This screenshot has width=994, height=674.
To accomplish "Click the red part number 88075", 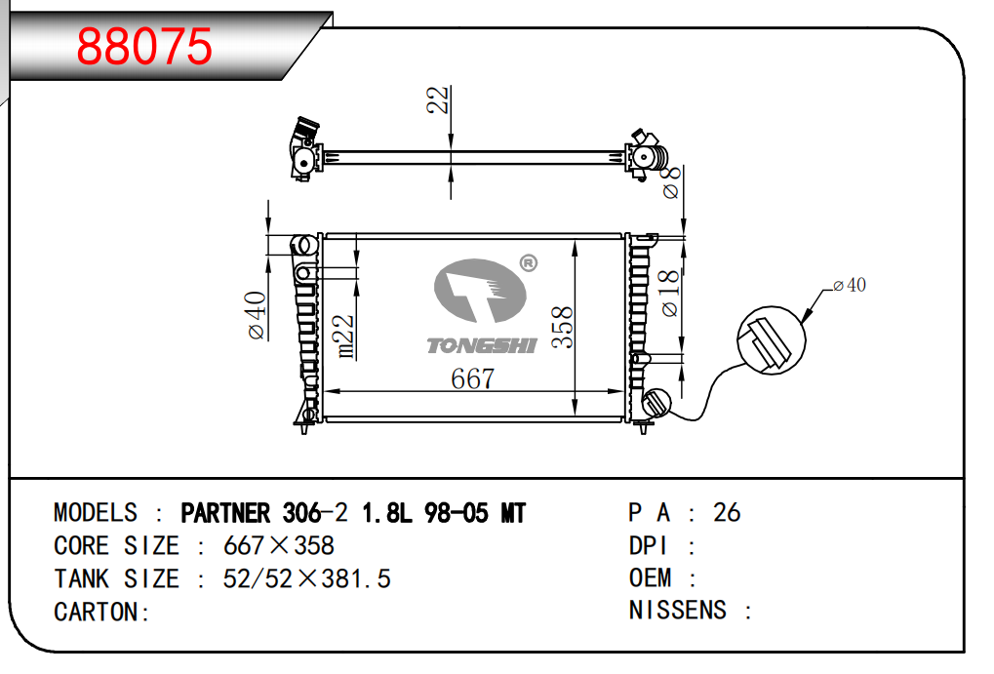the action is coord(144,46).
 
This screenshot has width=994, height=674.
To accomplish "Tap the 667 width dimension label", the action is coord(472,378).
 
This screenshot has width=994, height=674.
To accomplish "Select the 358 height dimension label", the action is coord(562,327).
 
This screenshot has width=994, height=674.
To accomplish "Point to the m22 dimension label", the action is coord(345,337).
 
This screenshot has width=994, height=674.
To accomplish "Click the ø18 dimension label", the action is coord(670,293).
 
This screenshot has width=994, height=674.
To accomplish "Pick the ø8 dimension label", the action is coord(671,182).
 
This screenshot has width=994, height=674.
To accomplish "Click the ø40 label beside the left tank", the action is coord(257,315).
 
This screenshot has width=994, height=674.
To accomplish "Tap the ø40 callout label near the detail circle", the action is coord(850,286).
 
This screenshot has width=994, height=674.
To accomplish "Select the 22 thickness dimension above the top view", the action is coord(437,100).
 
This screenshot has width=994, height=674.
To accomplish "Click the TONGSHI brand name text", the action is coord(482,345).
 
